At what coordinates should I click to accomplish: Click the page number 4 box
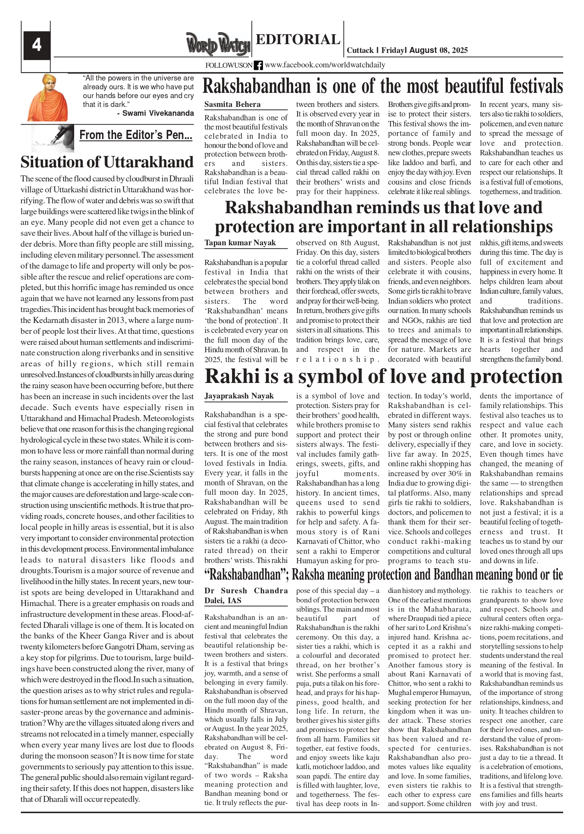coord(37,46)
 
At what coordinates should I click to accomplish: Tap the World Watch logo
coord(218,44)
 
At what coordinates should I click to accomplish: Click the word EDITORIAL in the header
coord(298,39)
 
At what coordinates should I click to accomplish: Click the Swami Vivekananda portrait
coord(48,97)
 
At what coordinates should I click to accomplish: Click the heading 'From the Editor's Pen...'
coord(136,135)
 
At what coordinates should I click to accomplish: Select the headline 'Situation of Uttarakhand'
coord(107,162)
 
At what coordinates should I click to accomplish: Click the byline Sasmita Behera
coord(232,104)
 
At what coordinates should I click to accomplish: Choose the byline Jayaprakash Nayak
coord(239,396)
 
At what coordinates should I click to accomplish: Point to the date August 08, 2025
coord(439,50)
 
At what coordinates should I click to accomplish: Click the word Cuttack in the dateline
coord(360,50)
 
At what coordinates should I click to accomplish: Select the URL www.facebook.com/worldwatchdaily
coord(325,65)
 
